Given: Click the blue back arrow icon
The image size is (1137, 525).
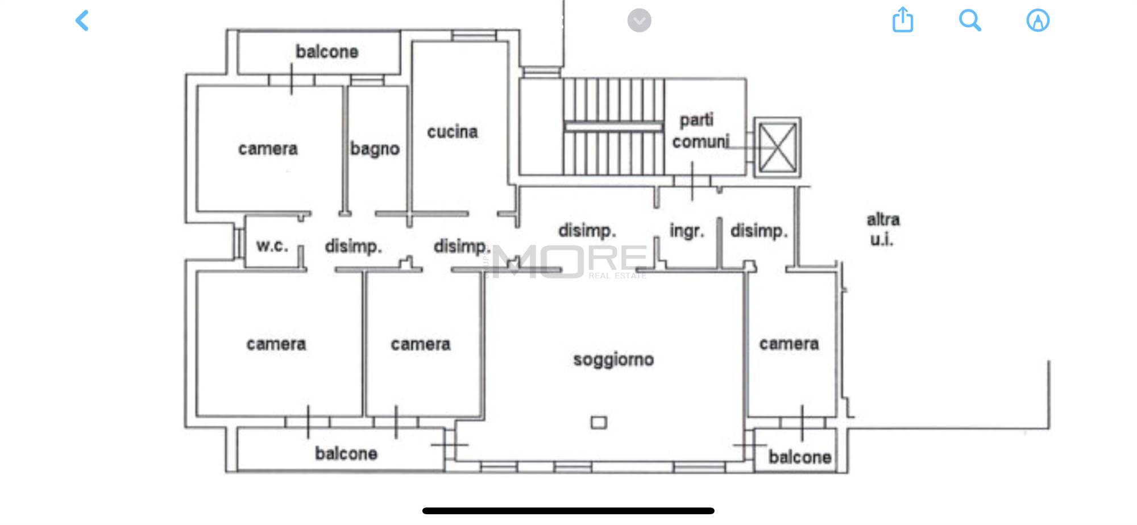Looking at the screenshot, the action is [x=82, y=20].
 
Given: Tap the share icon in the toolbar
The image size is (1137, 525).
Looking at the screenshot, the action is [x=902, y=20].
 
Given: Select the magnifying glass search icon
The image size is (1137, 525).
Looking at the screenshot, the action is [x=970, y=20].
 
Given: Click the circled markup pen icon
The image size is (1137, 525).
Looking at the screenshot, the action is [x=1038, y=20].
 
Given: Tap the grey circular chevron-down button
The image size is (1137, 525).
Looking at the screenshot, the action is [x=639, y=20].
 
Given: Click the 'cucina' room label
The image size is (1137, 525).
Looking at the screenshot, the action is [x=453, y=132].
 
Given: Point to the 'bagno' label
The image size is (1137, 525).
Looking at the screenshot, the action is [x=375, y=149].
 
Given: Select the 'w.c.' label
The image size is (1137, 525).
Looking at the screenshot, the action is [x=272, y=246].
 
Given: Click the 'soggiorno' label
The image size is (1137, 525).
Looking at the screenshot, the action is [x=613, y=360].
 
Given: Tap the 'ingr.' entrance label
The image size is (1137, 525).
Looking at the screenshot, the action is [x=687, y=231].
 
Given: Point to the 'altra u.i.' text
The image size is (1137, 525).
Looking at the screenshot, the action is [x=883, y=230].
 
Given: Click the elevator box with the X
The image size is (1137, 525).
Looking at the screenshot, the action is [x=777, y=148].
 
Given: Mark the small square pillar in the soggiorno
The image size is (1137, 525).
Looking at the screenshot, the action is [x=599, y=422].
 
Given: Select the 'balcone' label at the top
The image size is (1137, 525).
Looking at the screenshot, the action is [x=327, y=52].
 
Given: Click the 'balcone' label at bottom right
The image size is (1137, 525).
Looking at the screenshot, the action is [x=800, y=457].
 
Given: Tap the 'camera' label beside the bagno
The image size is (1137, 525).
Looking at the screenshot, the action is [x=268, y=149].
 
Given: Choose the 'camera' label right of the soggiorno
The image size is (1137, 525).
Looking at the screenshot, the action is [x=789, y=344].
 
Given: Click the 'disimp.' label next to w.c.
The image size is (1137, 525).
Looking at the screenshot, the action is [x=353, y=247].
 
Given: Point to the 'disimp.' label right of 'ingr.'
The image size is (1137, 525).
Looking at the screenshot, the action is [x=759, y=231].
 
